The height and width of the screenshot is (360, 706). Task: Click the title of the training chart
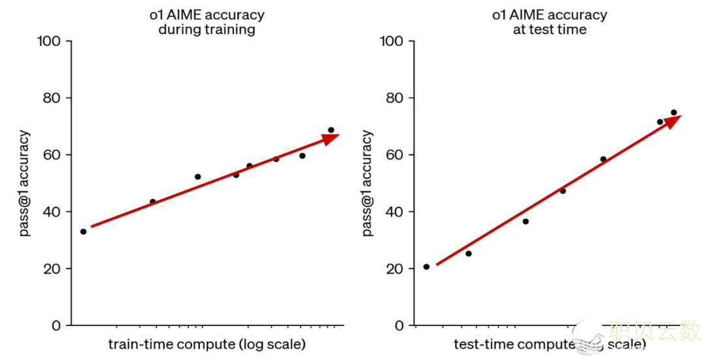click(x=207, y=22)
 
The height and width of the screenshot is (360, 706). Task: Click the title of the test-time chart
click(x=549, y=22)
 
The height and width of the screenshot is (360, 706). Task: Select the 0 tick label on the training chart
click(x=58, y=325)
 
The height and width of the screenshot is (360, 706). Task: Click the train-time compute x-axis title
click(x=207, y=344)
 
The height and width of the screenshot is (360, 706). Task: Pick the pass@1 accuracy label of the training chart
click(x=24, y=184)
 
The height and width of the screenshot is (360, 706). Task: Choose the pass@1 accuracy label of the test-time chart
click(x=367, y=184)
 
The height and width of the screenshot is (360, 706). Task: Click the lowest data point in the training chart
click(x=83, y=231)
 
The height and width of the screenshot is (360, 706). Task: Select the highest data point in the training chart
click(x=331, y=130)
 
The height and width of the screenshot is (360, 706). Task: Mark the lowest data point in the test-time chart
click(x=426, y=267)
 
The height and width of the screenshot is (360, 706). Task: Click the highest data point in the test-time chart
click(x=673, y=112)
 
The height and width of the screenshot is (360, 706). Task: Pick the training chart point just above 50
click(x=197, y=176)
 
